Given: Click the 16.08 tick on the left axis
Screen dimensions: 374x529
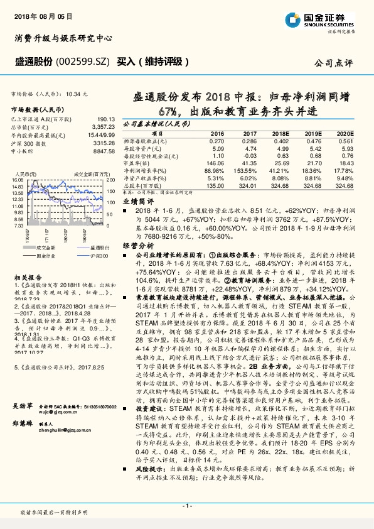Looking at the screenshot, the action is pyautogui.click(x=17, y=180).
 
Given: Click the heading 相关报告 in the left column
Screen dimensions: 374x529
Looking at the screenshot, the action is pyautogui.click(x=27, y=277).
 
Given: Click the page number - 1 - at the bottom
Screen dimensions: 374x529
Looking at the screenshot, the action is pyautogui.click(x=186, y=506).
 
